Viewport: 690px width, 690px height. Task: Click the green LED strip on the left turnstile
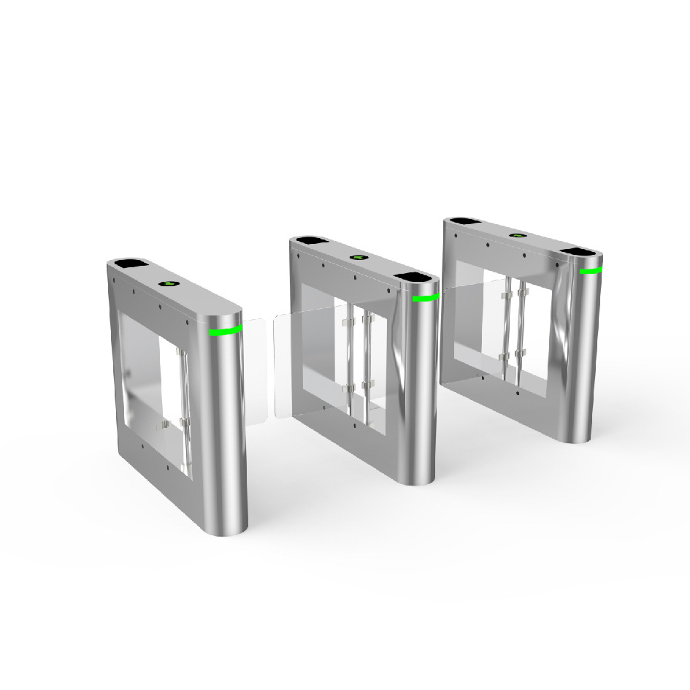(226, 331)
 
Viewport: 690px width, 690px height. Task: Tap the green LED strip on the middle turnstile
(425, 298)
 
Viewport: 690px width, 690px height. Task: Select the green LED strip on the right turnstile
(591, 271)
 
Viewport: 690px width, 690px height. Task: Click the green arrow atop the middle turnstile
(358, 257)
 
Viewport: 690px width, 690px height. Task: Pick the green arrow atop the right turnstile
(518, 236)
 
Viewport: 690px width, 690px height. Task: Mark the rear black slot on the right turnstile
(464, 221)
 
